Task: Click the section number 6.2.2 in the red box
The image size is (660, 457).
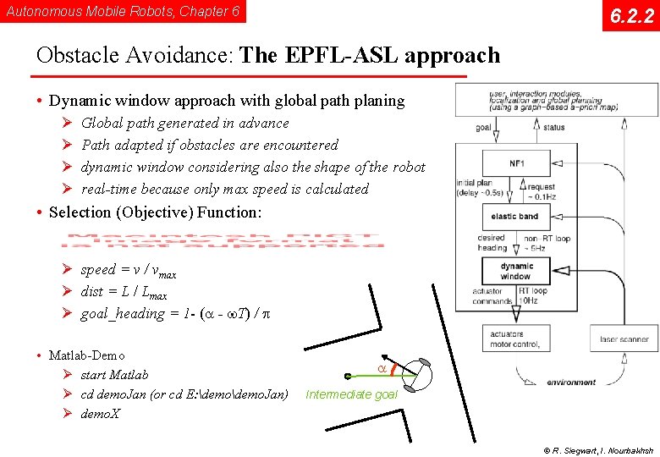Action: click(x=630, y=16)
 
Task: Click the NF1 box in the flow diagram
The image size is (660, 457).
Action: click(x=515, y=162)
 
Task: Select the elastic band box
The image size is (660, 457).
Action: click(x=514, y=217)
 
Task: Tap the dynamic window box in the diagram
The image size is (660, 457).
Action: click(x=515, y=271)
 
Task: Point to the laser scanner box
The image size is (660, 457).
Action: click(x=624, y=339)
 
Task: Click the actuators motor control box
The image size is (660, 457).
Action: click(x=514, y=339)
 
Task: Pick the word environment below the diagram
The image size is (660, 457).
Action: click(x=571, y=383)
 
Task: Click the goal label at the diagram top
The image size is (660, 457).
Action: click(x=484, y=128)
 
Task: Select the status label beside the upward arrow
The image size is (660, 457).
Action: click(x=554, y=128)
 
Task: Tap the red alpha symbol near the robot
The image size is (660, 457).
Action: click(x=382, y=368)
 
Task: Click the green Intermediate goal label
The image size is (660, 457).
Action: click(x=351, y=394)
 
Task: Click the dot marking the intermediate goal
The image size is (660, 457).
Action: click(x=348, y=377)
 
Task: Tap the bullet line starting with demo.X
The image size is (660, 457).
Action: click(x=100, y=414)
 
